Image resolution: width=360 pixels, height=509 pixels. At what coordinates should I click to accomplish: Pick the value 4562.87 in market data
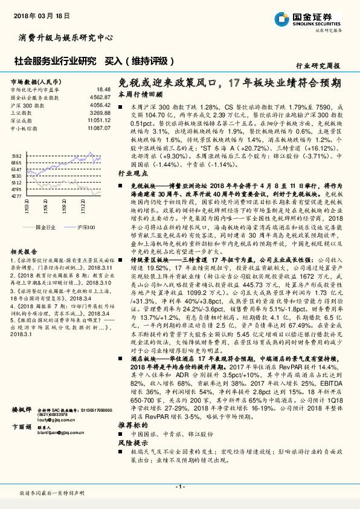click(x=100, y=97)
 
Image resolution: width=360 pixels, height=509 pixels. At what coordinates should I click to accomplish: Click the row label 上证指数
click(x=22, y=112)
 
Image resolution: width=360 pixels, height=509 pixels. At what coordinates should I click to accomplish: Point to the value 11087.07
click(x=98, y=128)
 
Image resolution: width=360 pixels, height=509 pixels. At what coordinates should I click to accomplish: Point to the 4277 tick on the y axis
click(x=16, y=196)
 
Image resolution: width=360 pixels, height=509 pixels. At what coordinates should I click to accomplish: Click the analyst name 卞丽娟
click(x=21, y=444)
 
